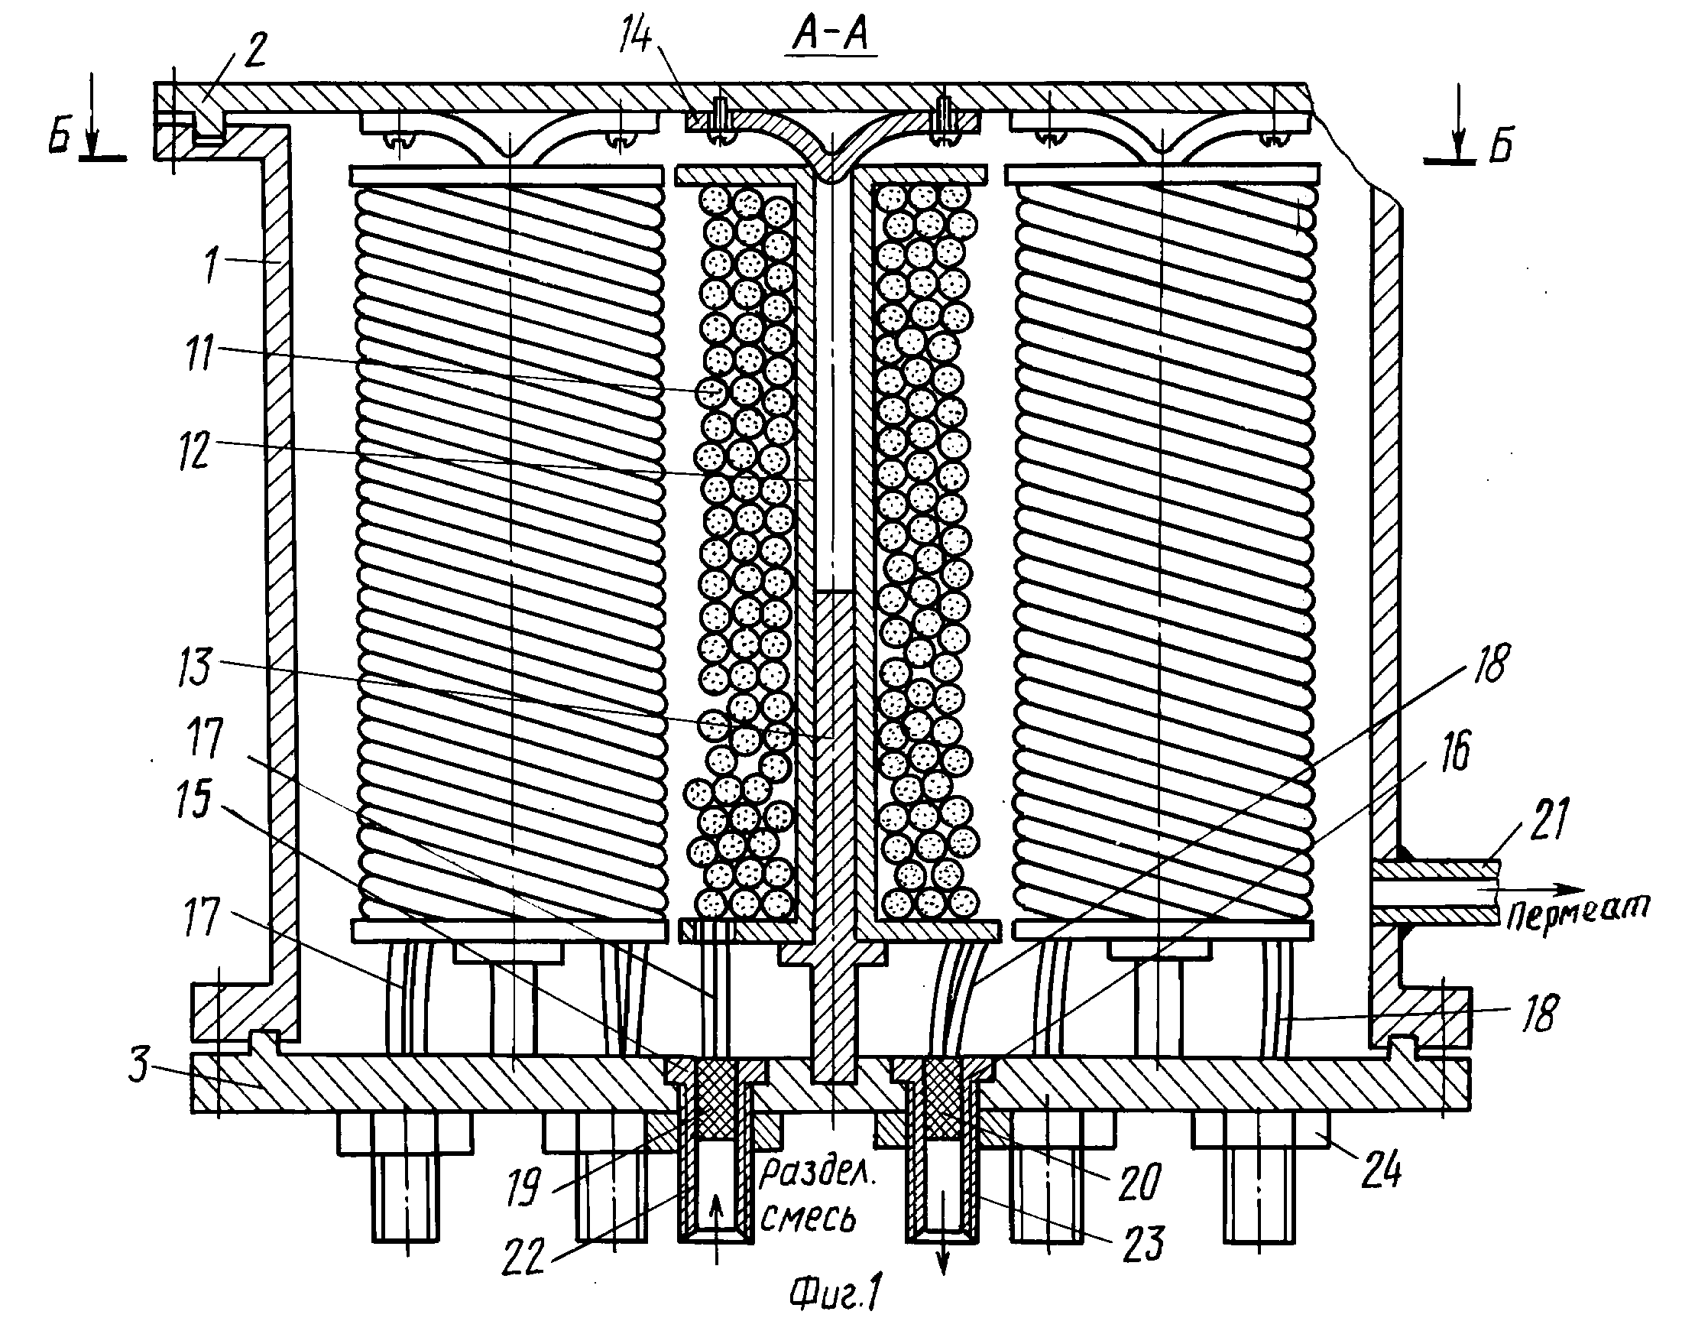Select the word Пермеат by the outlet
[x=1577, y=911]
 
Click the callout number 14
[x=636, y=35]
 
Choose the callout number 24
[x=1382, y=1170]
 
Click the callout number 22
[x=523, y=1256]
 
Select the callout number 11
[x=199, y=352]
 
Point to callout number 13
[x=194, y=667]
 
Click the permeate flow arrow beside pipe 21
[x=1543, y=889]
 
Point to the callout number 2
[x=254, y=48]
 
